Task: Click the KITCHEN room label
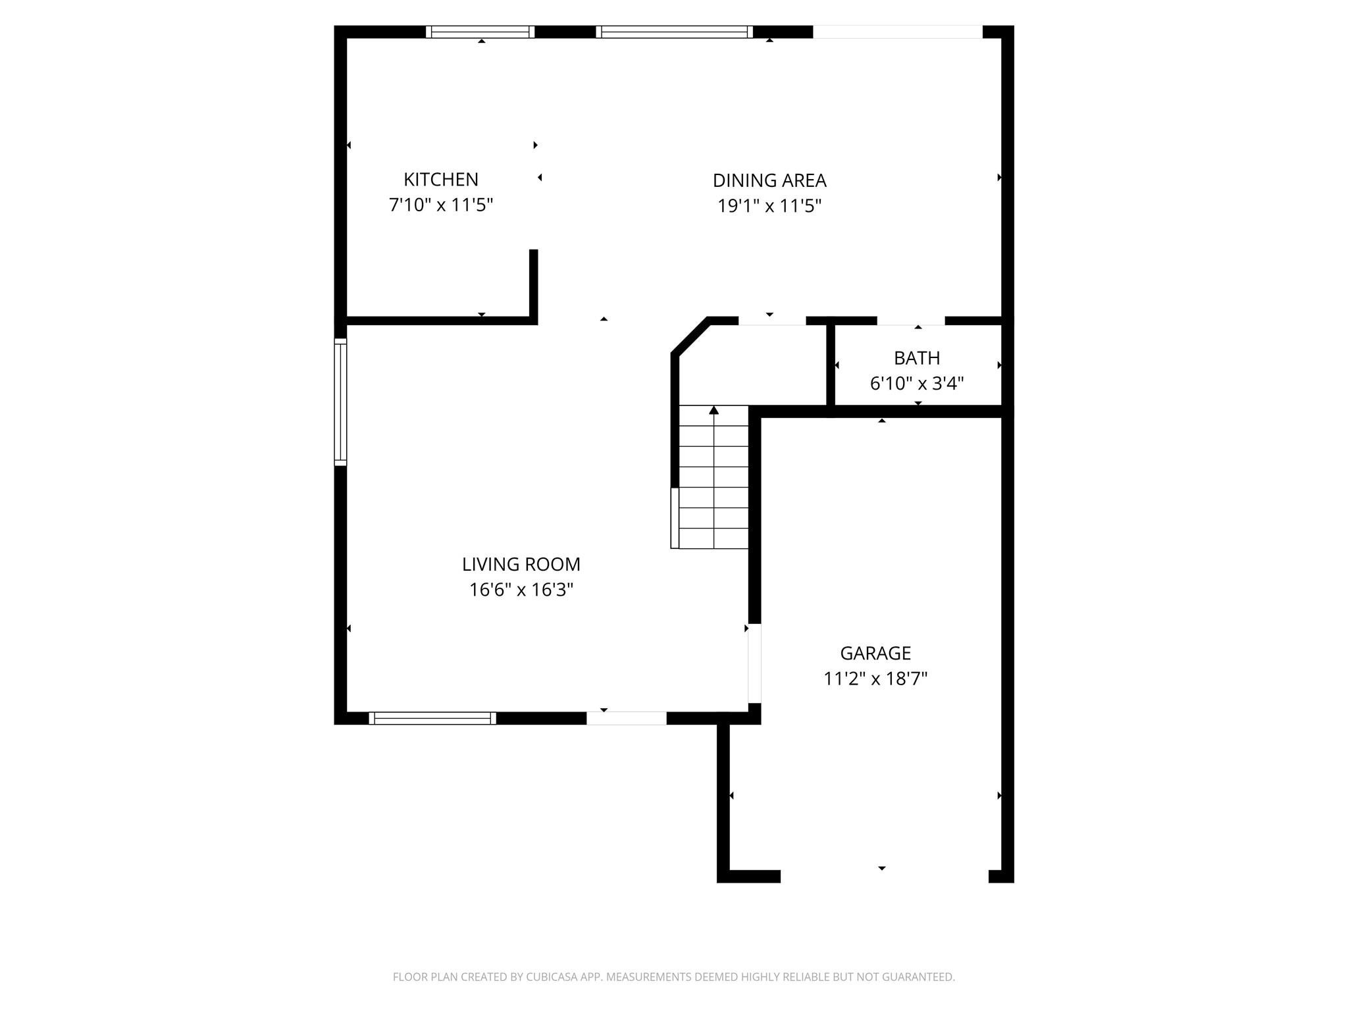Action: point(440,179)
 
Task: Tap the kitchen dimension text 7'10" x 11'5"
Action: point(440,205)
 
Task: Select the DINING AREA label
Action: point(769,180)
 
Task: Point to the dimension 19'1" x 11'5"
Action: point(769,206)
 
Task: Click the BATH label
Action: point(916,358)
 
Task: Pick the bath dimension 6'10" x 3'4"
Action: point(916,383)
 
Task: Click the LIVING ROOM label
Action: point(521,564)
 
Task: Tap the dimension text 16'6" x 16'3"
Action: point(521,590)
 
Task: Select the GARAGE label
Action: point(875,653)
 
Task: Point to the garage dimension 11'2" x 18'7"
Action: point(875,679)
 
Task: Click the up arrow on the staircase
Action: point(713,411)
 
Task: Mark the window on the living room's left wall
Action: point(340,402)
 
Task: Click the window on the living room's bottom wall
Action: point(432,718)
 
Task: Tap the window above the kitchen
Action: point(480,32)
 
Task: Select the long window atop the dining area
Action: point(674,32)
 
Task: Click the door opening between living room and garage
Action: point(754,663)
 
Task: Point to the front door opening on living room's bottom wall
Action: point(626,718)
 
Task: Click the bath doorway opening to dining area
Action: point(910,321)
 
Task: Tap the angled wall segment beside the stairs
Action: point(690,337)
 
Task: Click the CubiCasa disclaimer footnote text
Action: point(673,977)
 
